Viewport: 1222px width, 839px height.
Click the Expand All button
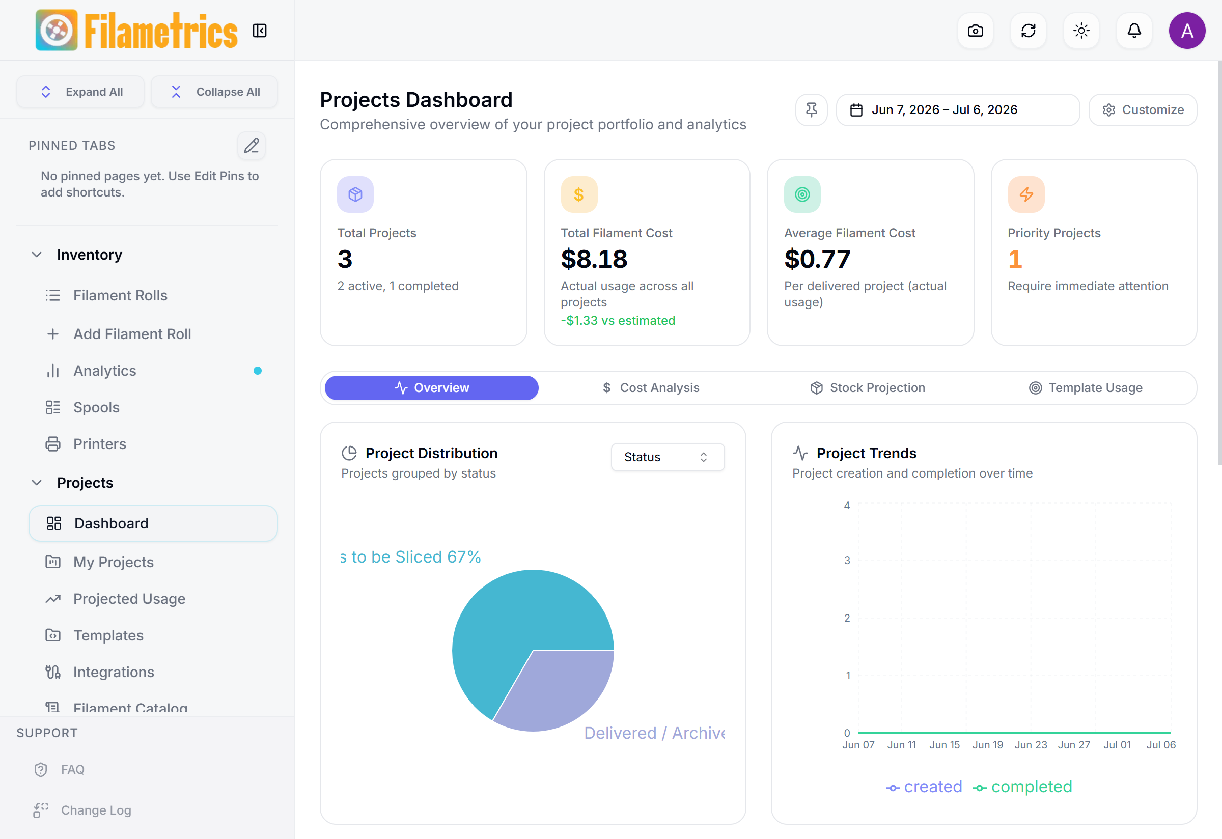[x=80, y=92]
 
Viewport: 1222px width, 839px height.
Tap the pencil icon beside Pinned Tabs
[x=252, y=146]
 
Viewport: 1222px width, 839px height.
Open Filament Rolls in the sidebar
[x=120, y=295]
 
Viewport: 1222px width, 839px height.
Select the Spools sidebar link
[x=96, y=407]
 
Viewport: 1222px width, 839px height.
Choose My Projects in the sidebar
[x=113, y=562]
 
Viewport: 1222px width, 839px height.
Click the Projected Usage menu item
[x=129, y=599]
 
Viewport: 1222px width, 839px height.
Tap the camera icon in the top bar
[x=976, y=31]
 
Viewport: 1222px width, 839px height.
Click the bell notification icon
[x=1134, y=31]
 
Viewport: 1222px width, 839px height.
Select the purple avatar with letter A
[x=1187, y=31]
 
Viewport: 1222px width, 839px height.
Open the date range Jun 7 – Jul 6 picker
[x=958, y=110]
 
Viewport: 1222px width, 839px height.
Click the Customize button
[x=1143, y=110]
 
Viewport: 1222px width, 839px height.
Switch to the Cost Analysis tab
[x=650, y=388]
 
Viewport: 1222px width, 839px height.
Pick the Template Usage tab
[x=1086, y=388]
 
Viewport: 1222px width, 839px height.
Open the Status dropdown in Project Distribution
[x=667, y=457]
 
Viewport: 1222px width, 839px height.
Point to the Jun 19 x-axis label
[x=987, y=745]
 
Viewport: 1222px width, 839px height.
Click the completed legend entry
[x=1022, y=787]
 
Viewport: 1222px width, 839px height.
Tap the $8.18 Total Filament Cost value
[x=594, y=259]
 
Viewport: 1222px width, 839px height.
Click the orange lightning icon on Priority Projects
[x=1026, y=194]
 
